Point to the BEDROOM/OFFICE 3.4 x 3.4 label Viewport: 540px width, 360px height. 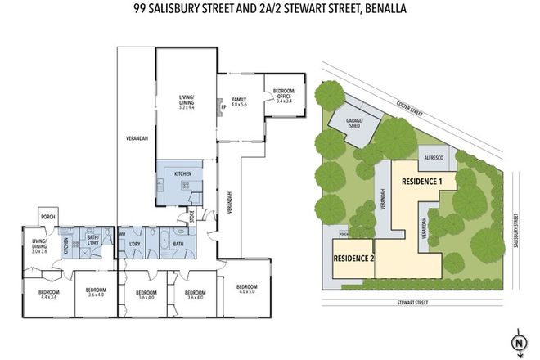[284, 96]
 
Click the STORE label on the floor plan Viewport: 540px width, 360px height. [193, 217]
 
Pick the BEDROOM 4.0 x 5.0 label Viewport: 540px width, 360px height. [246, 290]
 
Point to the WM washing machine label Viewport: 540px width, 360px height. [122, 233]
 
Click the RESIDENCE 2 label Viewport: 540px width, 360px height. [353, 259]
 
